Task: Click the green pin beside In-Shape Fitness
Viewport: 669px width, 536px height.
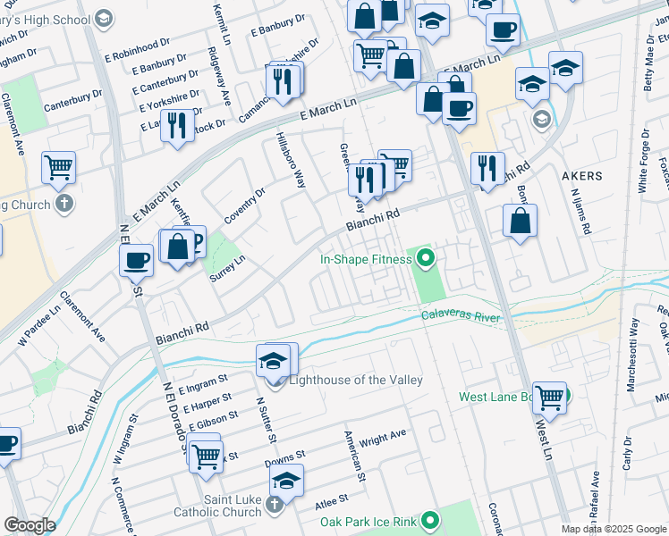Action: [x=426, y=260]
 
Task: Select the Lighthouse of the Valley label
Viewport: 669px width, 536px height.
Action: [x=355, y=381]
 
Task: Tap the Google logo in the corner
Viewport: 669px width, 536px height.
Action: [x=29, y=525]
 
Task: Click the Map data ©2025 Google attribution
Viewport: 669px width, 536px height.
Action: [x=614, y=529]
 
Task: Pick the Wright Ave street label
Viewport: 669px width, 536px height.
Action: [x=383, y=438]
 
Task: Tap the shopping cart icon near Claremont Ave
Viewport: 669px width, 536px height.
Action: [x=58, y=166]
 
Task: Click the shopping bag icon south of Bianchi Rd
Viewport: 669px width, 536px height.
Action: [x=520, y=220]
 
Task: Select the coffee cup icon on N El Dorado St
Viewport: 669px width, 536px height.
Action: [x=137, y=260]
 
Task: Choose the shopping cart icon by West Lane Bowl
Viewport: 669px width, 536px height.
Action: [x=549, y=396]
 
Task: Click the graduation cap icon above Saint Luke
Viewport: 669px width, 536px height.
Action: [x=286, y=480]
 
